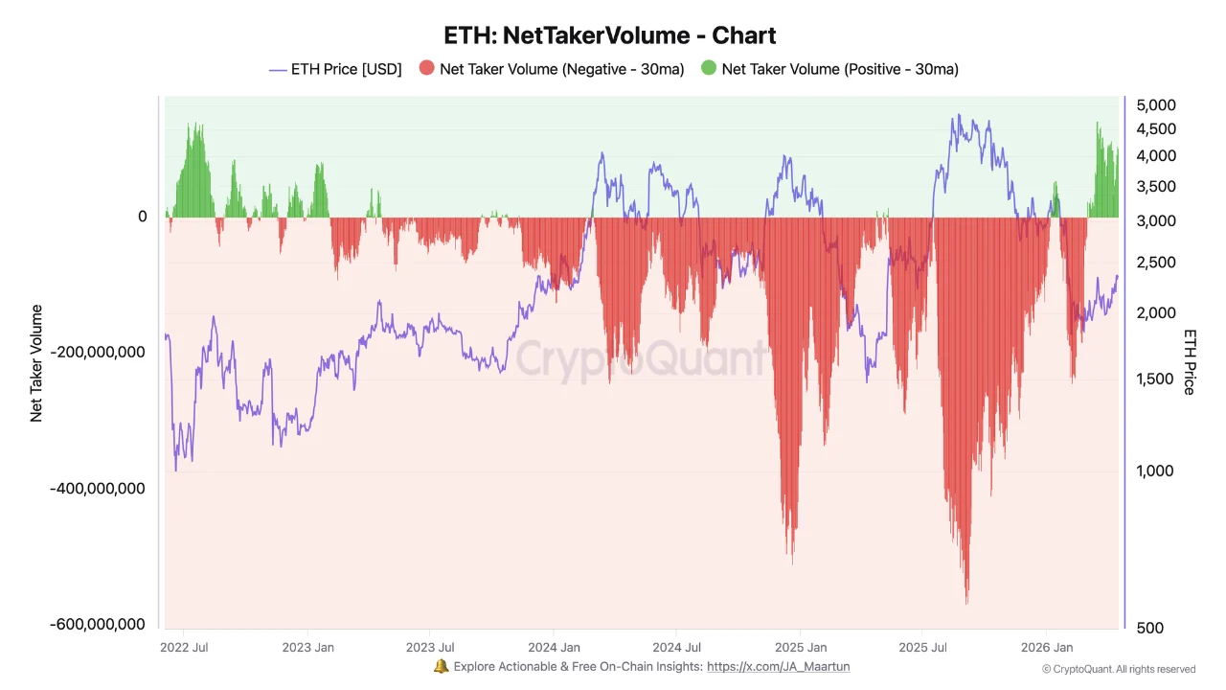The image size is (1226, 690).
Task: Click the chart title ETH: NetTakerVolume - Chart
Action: (x=610, y=35)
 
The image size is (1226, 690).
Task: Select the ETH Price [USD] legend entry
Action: (x=335, y=69)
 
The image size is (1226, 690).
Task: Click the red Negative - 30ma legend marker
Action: (x=427, y=69)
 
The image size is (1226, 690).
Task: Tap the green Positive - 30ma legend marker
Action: (x=709, y=69)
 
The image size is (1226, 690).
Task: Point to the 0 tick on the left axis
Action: (x=142, y=217)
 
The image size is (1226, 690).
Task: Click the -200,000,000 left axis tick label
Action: (x=100, y=352)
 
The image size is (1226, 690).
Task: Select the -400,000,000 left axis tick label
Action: (x=100, y=488)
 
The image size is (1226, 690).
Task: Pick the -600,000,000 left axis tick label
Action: (x=100, y=624)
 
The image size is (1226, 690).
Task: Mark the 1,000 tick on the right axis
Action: (x=1154, y=471)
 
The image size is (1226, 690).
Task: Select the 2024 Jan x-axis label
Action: (x=554, y=647)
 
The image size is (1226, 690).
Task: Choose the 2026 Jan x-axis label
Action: (x=1047, y=647)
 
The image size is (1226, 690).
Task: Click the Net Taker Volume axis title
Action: (x=36, y=363)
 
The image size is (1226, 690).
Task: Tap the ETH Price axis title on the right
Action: (x=1190, y=361)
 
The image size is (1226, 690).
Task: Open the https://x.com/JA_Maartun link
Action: (x=778, y=666)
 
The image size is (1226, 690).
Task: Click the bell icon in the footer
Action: (x=441, y=666)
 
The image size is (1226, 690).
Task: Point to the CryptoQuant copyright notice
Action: (x=1118, y=669)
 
